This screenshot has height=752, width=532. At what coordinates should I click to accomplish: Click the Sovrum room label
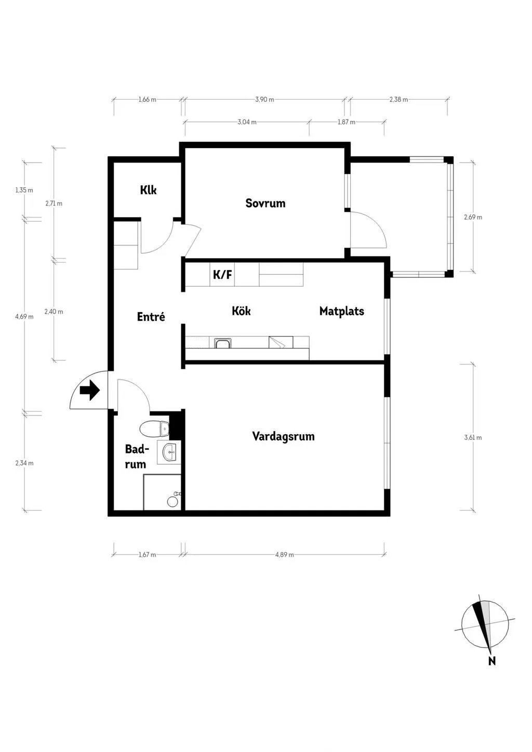tap(265, 203)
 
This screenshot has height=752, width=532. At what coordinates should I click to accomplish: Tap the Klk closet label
tap(148, 190)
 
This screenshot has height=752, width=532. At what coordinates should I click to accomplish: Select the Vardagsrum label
tap(283, 436)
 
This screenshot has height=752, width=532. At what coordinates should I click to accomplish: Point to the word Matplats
tap(341, 311)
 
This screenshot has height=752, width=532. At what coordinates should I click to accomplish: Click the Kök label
tap(241, 311)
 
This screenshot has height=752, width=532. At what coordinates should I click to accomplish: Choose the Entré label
tap(151, 317)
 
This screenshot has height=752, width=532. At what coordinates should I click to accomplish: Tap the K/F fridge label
tap(222, 275)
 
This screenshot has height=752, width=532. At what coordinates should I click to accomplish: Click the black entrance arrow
tap(90, 391)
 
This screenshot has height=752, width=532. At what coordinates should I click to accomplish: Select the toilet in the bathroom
tap(155, 428)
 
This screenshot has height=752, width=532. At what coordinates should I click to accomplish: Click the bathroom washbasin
tap(169, 452)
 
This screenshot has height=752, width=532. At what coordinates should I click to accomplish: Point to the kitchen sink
tap(221, 343)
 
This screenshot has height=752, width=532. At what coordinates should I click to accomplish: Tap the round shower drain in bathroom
tap(172, 502)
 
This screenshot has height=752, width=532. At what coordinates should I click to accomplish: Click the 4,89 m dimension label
tap(285, 555)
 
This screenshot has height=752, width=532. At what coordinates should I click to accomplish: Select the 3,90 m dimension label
tap(264, 99)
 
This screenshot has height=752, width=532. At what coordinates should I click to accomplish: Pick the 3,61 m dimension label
tap(473, 437)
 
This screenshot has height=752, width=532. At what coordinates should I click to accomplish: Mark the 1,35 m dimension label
tap(24, 190)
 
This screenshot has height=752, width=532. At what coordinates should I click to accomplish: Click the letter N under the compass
tap(492, 661)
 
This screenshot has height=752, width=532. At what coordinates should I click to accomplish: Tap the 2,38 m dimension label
tap(398, 99)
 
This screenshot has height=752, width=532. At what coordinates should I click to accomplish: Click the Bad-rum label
tap(136, 456)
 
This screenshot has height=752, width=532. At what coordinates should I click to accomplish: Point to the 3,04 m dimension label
tap(247, 122)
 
